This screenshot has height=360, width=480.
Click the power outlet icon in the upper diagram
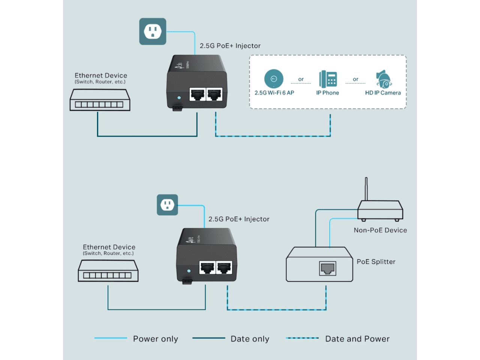click(x=153, y=31)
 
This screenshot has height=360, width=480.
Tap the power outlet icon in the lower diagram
click(x=167, y=205)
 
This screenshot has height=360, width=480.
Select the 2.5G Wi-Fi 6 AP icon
click(x=274, y=79)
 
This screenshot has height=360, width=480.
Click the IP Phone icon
click(x=328, y=79)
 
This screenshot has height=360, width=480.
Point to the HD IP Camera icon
click(x=383, y=79)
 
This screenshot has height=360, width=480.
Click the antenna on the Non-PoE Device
click(x=366, y=189)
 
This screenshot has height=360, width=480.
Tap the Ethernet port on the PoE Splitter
click(x=327, y=268)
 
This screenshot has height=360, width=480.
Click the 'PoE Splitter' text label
click(x=376, y=262)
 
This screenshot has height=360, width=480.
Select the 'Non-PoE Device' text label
click(x=380, y=230)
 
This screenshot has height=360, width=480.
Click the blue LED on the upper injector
click(x=179, y=97)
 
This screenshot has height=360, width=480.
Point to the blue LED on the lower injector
click(x=189, y=271)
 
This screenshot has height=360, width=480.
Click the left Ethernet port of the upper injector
click(x=197, y=94)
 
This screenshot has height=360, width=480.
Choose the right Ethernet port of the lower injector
click(x=224, y=268)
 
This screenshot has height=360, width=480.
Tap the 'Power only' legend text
click(x=155, y=339)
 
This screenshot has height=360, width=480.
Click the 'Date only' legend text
click(x=250, y=339)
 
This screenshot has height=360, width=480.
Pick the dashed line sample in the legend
click(x=302, y=338)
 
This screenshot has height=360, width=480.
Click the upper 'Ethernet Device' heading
click(x=100, y=75)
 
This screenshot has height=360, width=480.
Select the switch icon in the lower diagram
click(x=108, y=271)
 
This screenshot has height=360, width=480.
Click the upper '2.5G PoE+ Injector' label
click(x=230, y=46)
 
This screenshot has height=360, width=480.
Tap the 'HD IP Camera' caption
click(x=383, y=93)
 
